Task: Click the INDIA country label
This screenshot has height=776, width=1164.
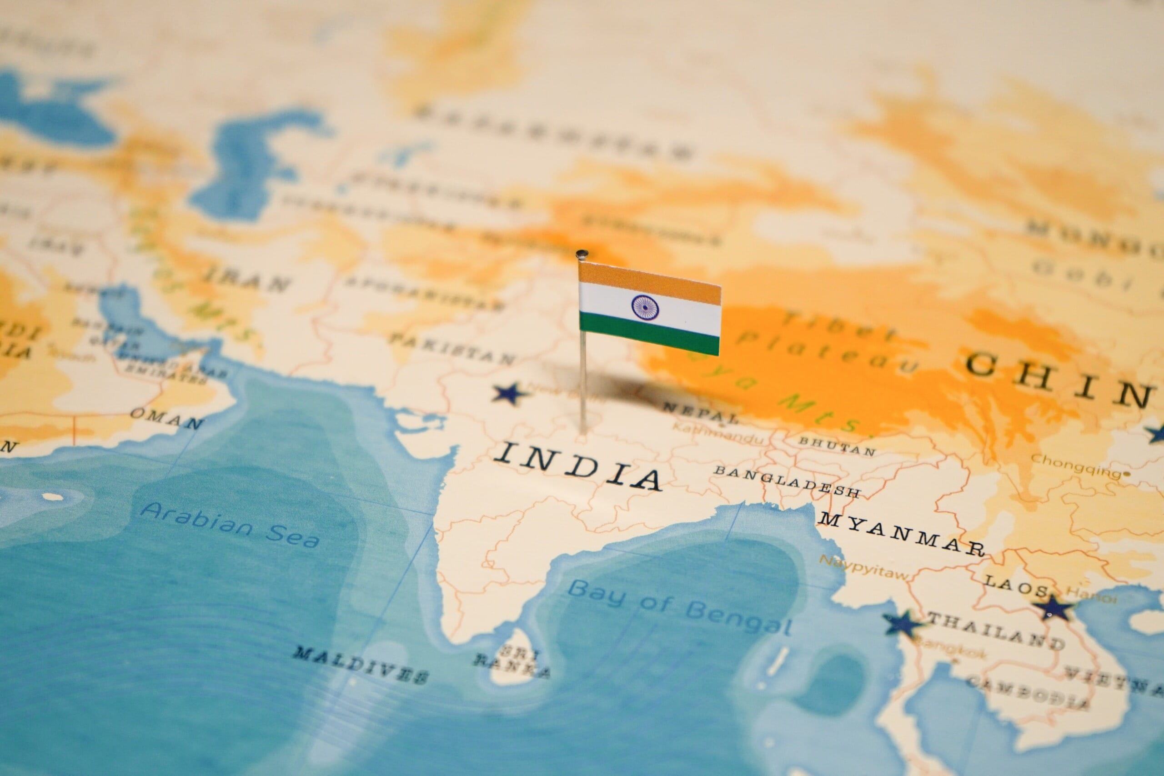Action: click(577, 466)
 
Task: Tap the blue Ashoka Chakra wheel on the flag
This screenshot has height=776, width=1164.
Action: click(645, 307)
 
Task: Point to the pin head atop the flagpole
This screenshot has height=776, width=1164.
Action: click(582, 254)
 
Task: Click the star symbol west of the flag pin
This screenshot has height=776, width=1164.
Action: click(509, 394)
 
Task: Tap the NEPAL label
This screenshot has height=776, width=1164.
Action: click(699, 412)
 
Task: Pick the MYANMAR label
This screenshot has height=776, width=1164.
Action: click(900, 534)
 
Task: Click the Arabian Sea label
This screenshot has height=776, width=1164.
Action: click(229, 525)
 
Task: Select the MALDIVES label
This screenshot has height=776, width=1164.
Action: click(360, 664)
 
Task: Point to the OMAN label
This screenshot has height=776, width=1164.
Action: click(166, 418)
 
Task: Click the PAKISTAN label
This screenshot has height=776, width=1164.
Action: click(452, 348)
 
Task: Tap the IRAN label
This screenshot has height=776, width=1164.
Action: click(247, 279)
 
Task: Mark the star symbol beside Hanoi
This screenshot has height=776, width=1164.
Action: click(1054, 607)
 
